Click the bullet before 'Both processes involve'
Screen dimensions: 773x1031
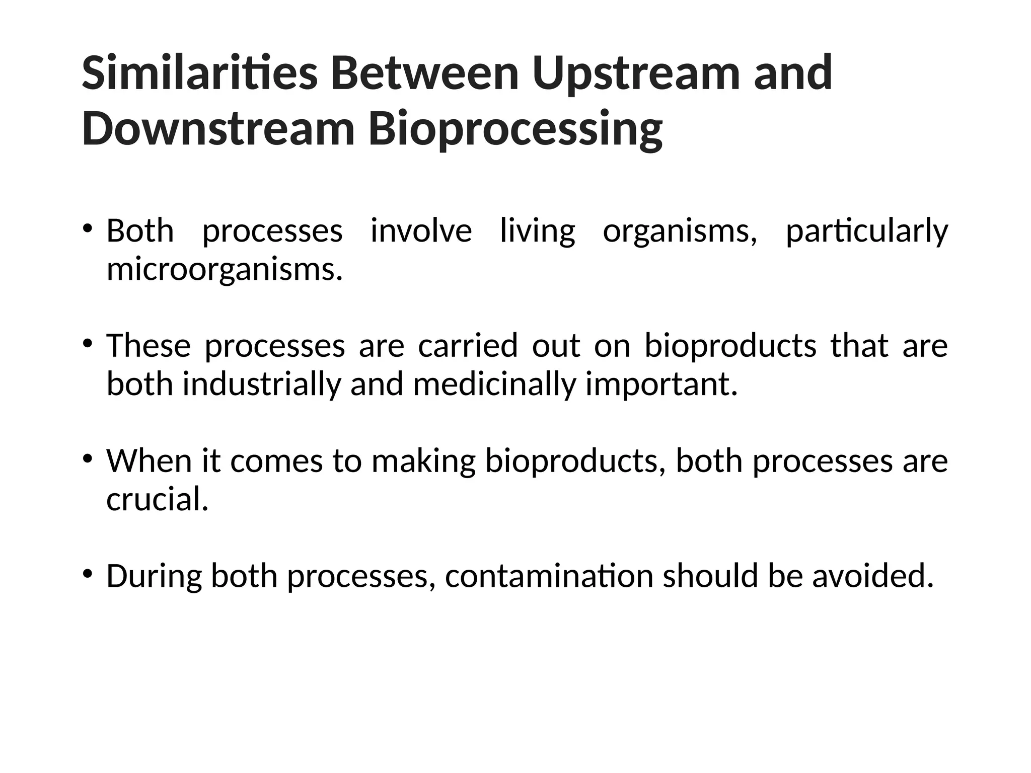pyautogui.click(x=88, y=228)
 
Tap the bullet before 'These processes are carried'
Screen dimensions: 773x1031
pyautogui.click(x=88, y=344)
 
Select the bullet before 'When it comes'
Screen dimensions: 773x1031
pyautogui.click(x=88, y=458)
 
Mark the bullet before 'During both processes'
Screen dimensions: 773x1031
pyautogui.click(x=88, y=574)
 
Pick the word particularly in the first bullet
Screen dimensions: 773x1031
pyautogui.click(x=866, y=231)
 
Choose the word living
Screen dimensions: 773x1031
pyautogui.click(x=537, y=231)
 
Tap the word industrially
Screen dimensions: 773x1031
pyautogui.click(x=261, y=384)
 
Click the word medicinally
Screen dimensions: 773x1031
pyautogui.click(x=494, y=384)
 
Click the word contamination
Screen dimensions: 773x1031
pyautogui.click(x=549, y=576)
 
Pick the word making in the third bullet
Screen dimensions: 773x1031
pyautogui.click(x=423, y=461)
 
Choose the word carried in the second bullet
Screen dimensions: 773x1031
pyautogui.click(x=468, y=346)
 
